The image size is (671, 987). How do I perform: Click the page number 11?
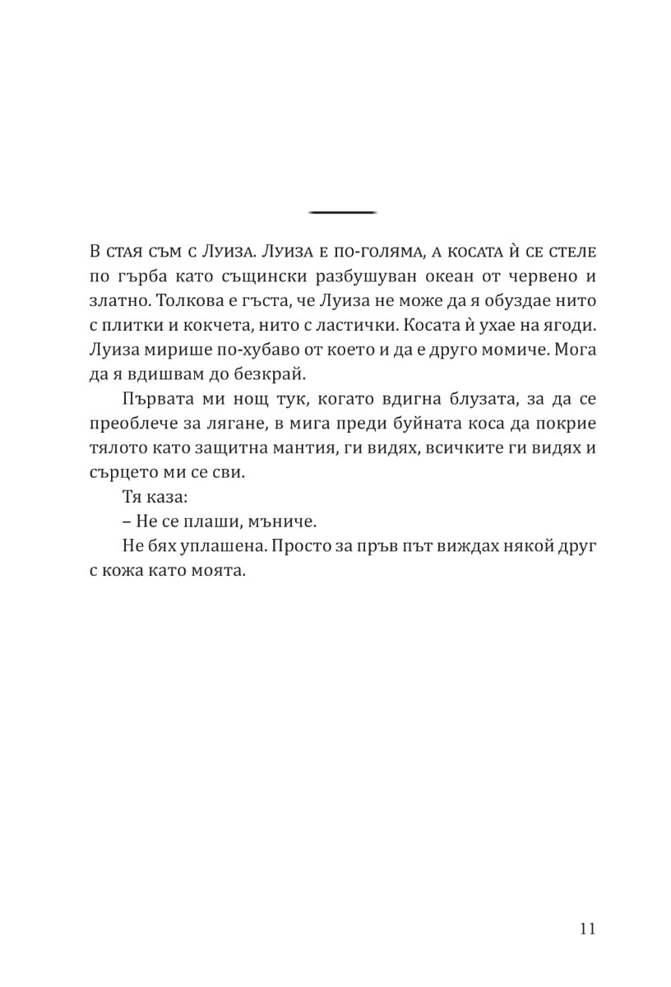click(x=586, y=929)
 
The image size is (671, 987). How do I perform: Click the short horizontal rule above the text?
click(x=342, y=213)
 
